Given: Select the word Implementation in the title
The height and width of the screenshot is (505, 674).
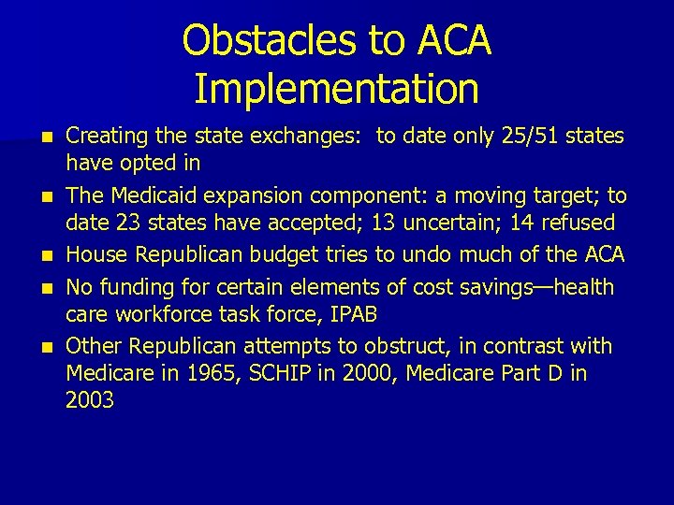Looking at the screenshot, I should pyautogui.click(x=337, y=88).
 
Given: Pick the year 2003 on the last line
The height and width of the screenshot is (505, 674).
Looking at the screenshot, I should pyautogui.click(x=90, y=400).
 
